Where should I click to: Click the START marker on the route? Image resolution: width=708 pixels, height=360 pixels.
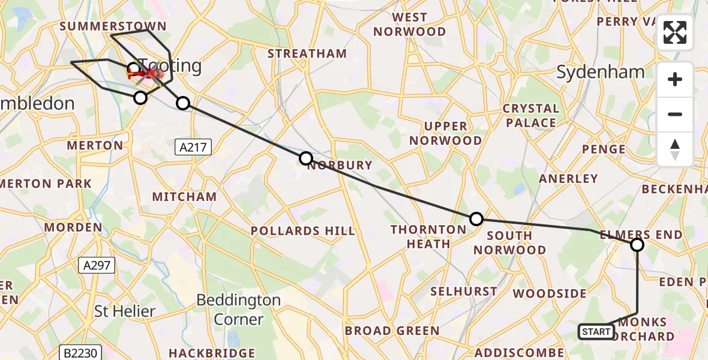(596, 332)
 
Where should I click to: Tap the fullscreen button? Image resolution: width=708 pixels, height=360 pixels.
(675, 32)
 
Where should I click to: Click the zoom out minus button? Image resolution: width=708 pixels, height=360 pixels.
(675, 114)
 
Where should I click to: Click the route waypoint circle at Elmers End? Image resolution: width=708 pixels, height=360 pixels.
(637, 245)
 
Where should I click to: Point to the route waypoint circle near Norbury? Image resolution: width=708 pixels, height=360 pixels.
(306, 158)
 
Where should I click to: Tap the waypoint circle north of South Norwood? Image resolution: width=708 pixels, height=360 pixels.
(476, 219)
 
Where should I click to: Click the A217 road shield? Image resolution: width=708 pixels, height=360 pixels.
(193, 147)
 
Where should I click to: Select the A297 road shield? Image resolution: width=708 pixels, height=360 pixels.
(96, 265)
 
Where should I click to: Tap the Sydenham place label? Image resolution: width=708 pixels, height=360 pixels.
(601, 73)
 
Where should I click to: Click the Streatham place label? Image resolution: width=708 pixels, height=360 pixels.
(307, 53)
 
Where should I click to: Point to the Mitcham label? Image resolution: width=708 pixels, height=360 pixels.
(184, 197)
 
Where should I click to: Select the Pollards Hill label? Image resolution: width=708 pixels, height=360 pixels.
(302, 231)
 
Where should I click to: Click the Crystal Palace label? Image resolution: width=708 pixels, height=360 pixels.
(530, 116)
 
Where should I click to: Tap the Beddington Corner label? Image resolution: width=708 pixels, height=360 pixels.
(238, 309)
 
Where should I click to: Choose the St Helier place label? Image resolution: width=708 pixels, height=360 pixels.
(125, 311)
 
